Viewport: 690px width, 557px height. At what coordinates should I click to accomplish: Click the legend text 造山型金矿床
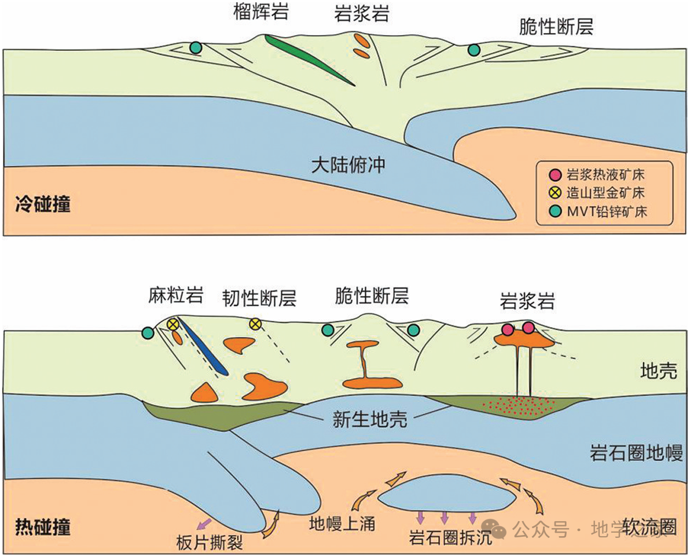605,192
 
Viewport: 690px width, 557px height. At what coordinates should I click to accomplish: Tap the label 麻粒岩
175,297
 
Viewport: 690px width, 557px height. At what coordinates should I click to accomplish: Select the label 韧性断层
259,298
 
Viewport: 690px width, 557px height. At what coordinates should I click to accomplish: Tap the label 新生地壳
370,419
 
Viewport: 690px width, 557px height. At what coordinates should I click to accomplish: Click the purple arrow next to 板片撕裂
203,525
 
